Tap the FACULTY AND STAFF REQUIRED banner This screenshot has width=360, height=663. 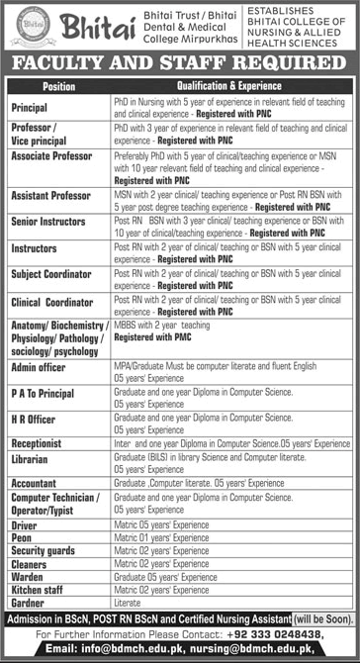(179, 63)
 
